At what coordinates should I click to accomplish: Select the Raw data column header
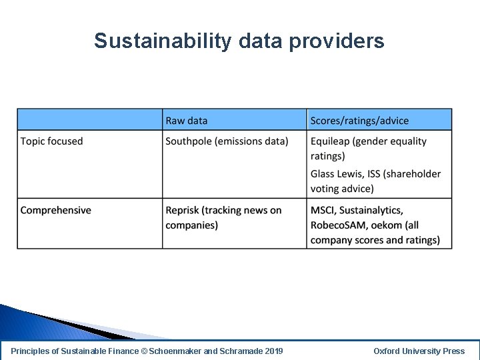pos(187,121)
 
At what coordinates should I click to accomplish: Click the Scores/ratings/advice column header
pos(359,121)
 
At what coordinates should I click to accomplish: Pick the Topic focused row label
pos(52,141)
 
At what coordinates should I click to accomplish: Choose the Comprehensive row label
pos(56,211)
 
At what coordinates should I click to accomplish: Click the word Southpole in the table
pos(189,141)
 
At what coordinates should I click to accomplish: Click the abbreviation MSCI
pos(323,211)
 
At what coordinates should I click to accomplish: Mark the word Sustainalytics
pos(371,211)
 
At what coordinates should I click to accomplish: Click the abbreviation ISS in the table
pos(375,174)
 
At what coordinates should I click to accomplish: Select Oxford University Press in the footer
pos(419,351)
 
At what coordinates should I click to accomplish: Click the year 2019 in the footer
pos(273,351)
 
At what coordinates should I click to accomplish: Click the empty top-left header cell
pos(90,120)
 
